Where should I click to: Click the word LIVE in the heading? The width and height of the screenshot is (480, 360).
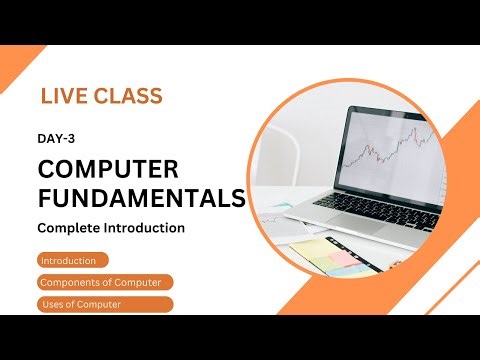point(63,97)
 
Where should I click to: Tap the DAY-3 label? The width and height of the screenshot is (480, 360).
point(58,142)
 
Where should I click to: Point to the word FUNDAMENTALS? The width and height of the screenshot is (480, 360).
point(141,196)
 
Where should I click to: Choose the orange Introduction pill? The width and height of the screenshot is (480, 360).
point(69,261)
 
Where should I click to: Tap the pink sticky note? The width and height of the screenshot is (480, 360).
point(341,259)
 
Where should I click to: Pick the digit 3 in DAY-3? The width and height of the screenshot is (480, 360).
point(74,142)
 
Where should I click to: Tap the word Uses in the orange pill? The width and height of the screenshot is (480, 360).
point(51,304)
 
